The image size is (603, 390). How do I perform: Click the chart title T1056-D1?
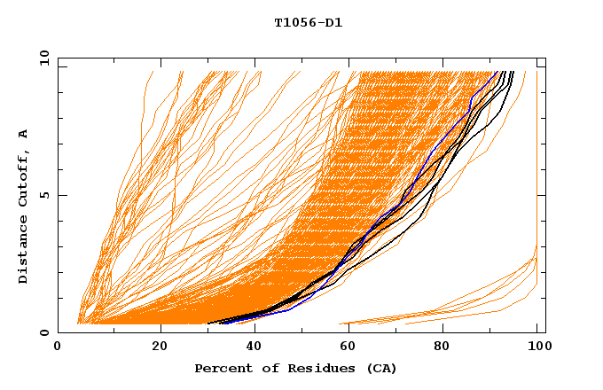tap(308, 23)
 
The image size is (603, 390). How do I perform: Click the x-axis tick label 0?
tap(58, 348)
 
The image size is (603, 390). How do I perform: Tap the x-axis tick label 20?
tap(161, 348)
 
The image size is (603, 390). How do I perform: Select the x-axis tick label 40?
tap(256, 348)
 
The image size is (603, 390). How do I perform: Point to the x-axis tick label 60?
tap(352, 348)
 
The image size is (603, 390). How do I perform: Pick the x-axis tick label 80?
tap(448, 348)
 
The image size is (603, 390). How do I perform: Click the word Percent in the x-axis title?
tap(220, 369)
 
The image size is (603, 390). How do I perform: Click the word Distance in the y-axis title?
tap(24, 253)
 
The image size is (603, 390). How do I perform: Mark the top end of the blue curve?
tap(497, 73)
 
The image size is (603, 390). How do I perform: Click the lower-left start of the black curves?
tap(209, 324)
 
